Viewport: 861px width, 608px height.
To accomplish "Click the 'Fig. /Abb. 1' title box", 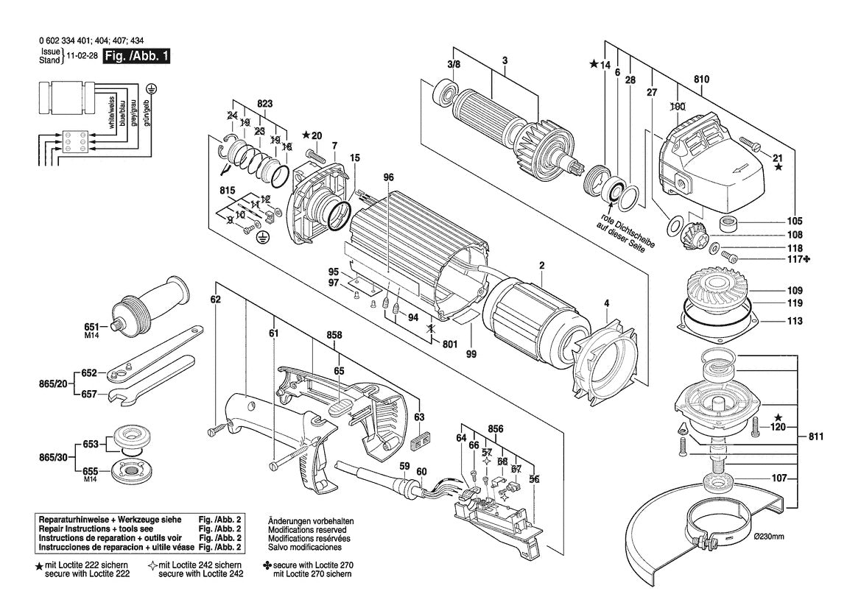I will point(136,55).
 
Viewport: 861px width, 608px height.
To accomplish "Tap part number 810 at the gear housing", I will point(700,79).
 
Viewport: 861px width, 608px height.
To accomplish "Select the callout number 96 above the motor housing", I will point(389,177).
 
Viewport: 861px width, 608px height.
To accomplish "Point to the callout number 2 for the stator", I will point(541,265).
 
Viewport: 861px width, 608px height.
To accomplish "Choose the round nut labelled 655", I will point(133,469).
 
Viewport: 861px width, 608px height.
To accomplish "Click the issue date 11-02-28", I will point(81,56).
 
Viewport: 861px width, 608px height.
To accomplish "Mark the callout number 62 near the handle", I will point(215,300).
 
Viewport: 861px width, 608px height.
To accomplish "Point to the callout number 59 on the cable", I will point(404,465).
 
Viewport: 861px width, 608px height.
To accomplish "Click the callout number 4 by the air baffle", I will point(606,302).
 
